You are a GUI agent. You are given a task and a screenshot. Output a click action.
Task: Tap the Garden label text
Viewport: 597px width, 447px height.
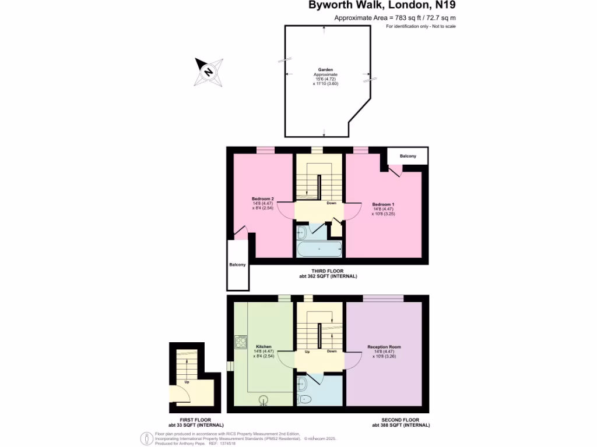[325, 69]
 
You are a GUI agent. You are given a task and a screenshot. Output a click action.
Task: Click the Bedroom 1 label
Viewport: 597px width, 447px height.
[384, 204]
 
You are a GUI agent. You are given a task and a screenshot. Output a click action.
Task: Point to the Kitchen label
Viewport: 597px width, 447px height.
[264, 347]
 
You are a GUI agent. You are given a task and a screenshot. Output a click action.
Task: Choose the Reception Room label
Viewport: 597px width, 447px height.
[384, 347]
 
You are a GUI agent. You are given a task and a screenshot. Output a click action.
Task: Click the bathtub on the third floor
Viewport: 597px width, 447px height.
[319, 249]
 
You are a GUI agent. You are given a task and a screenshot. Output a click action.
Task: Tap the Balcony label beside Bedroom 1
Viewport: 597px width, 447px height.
[408, 156]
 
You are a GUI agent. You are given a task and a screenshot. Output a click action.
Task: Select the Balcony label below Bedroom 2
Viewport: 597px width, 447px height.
[237, 265]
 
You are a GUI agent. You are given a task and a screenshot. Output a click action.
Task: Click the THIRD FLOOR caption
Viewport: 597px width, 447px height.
[327, 271]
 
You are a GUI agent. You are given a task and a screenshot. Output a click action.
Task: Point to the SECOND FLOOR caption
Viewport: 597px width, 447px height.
[401, 420]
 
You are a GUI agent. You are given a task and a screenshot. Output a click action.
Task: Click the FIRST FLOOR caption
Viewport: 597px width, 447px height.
[195, 420]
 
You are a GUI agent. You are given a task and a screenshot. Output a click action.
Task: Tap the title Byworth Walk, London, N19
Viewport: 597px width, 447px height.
[382, 6]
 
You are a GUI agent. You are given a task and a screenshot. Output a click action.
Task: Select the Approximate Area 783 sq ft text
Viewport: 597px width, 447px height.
[395, 18]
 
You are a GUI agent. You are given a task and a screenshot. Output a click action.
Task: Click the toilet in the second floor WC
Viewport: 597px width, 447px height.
[304, 399]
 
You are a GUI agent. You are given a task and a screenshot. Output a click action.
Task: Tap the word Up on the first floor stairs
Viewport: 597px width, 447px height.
[187, 382]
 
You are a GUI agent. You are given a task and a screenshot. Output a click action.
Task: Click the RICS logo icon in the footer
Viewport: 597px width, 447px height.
[146, 438]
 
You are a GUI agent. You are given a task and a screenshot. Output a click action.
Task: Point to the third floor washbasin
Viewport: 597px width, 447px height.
[301, 233]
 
